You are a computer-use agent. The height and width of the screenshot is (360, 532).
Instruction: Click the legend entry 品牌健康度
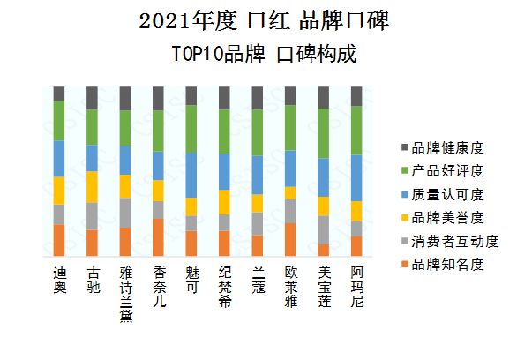coord(447,146)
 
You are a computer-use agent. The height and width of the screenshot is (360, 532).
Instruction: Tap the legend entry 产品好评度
coord(447,169)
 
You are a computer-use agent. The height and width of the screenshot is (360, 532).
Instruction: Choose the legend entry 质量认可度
coord(447,193)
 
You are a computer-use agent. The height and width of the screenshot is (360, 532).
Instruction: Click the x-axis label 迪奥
coord(59,281)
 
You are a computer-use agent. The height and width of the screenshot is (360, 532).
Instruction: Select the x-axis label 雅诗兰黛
coord(125,296)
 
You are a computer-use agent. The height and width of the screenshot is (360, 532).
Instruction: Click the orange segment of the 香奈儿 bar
coord(159,237)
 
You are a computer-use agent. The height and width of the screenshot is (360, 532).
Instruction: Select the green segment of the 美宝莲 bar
coord(324,133)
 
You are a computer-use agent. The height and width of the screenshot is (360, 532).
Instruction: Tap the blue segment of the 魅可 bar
coord(191,175)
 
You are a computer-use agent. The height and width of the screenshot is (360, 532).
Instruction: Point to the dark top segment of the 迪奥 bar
coord(59,94)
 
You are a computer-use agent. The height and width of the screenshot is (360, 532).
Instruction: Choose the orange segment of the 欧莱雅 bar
coord(290,239)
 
